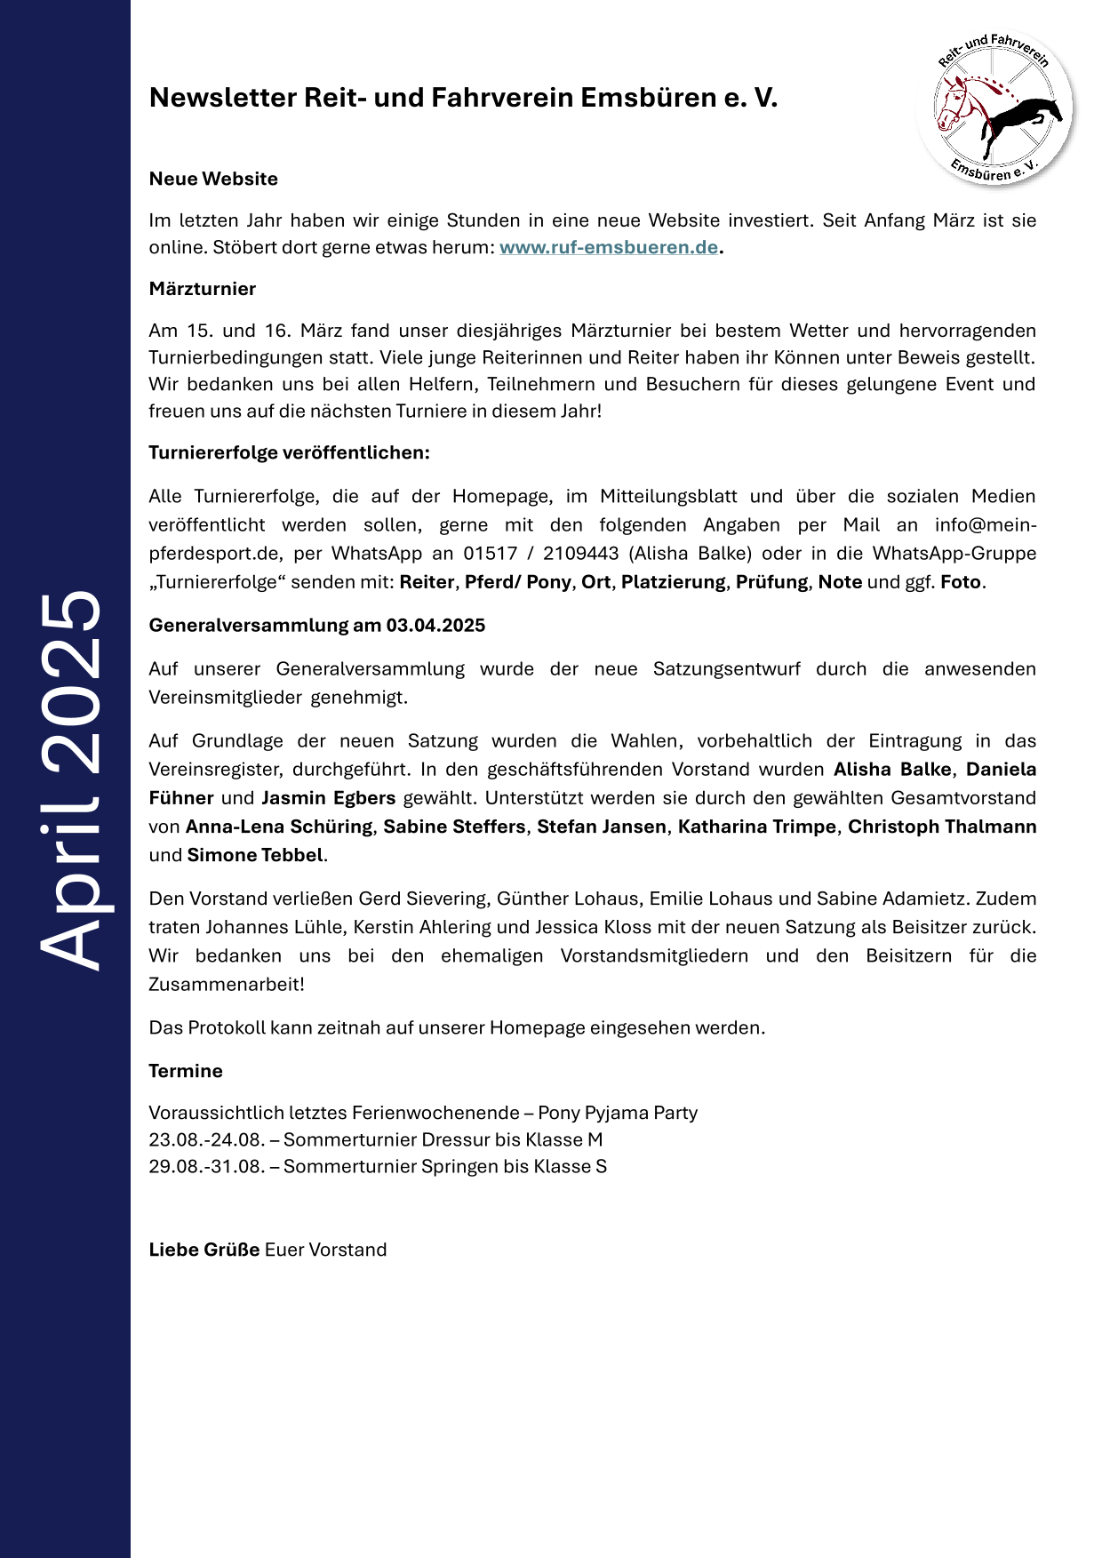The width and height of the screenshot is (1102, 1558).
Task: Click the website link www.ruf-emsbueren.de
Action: click(609, 247)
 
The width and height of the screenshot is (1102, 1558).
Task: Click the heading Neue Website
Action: click(213, 179)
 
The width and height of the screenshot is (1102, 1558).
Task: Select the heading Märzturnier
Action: click(203, 289)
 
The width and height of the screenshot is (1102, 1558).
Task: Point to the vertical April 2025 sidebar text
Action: click(69, 779)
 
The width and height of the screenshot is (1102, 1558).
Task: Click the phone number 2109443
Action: click(580, 553)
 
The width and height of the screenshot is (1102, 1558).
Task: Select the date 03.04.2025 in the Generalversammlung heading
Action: click(435, 625)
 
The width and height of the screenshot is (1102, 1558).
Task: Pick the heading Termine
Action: click(186, 1071)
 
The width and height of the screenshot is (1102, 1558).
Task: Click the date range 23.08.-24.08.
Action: click(207, 1139)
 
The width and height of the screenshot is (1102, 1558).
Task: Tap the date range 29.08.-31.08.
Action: click(207, 1166)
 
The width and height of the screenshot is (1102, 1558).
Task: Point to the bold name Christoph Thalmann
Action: click(942, 827)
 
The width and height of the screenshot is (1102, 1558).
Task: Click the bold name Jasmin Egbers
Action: click(328, 798)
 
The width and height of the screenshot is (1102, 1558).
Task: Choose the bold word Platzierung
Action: click(673, 582)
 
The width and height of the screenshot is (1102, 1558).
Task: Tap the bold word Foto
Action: click(961, 582)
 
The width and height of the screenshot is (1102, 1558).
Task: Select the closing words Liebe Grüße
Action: click(204, 1250)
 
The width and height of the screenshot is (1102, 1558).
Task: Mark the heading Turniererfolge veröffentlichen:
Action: click(289, 452)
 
